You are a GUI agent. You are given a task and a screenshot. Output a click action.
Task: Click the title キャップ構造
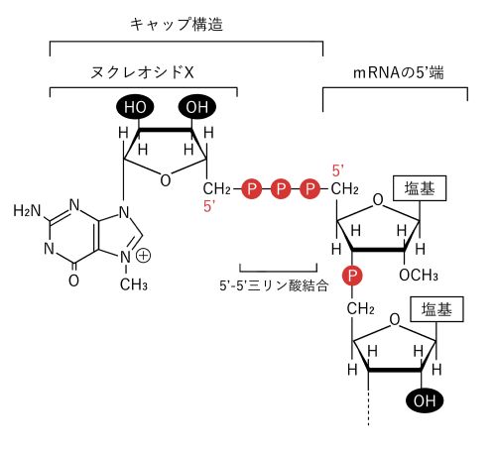pos(177,25)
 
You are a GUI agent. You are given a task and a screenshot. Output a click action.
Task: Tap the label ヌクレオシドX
pos(142,72)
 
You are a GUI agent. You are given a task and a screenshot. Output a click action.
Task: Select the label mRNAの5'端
pos(399,72)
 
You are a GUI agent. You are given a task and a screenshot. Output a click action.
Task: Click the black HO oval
pos(135,107)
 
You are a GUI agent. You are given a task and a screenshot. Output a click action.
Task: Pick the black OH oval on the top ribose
pos(197,107)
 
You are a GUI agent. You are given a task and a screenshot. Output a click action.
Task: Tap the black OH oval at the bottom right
pos(425,400)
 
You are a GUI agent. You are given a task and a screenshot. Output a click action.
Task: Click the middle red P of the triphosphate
pos(281,189)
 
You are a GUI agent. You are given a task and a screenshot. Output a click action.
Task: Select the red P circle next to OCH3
pos(352,276)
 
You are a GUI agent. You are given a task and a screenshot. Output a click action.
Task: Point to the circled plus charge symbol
pos(144,256)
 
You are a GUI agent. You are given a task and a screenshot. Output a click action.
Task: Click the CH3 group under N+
pos(134,284)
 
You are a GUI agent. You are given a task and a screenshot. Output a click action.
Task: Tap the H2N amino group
pos(27,211)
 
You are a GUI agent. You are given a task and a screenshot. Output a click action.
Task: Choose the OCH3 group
pos(419,276)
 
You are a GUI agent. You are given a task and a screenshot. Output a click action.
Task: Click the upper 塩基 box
pos(420,188)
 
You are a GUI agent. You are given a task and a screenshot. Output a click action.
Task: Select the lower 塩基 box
pos(436,309)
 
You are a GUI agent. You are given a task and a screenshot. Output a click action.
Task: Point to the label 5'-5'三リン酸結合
pos(274,285)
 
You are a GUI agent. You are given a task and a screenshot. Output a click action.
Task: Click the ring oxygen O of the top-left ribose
pos(166,180)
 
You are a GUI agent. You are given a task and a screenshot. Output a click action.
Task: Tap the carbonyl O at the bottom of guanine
pos(73,281)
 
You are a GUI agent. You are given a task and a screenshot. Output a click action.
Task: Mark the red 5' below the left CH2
pos(209,207)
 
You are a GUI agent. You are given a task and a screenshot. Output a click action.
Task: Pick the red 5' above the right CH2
pos(338,171)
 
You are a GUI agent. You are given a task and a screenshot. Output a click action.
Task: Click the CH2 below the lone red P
pos(361,309)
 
